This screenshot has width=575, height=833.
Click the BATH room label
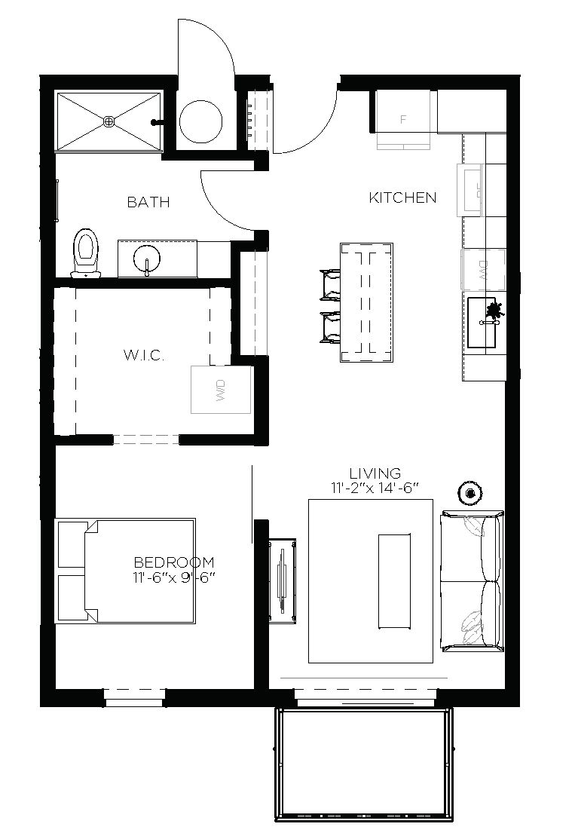point(148,202)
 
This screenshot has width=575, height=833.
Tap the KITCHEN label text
point(402,198)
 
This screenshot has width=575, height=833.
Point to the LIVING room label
point(375,473)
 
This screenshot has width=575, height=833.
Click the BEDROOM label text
point(173,562)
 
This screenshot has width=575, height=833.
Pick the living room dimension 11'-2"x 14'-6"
point(375,488)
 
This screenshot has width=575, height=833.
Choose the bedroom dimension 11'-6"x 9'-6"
point(173,577)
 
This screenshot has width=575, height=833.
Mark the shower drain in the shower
point(109,121)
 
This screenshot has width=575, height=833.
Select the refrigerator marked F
point(403,118)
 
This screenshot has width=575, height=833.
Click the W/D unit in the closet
point(221,389)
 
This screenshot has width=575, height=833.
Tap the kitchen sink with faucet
point(482,322)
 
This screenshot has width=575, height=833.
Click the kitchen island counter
point(366,302)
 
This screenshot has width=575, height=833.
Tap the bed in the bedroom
point(125,570)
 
